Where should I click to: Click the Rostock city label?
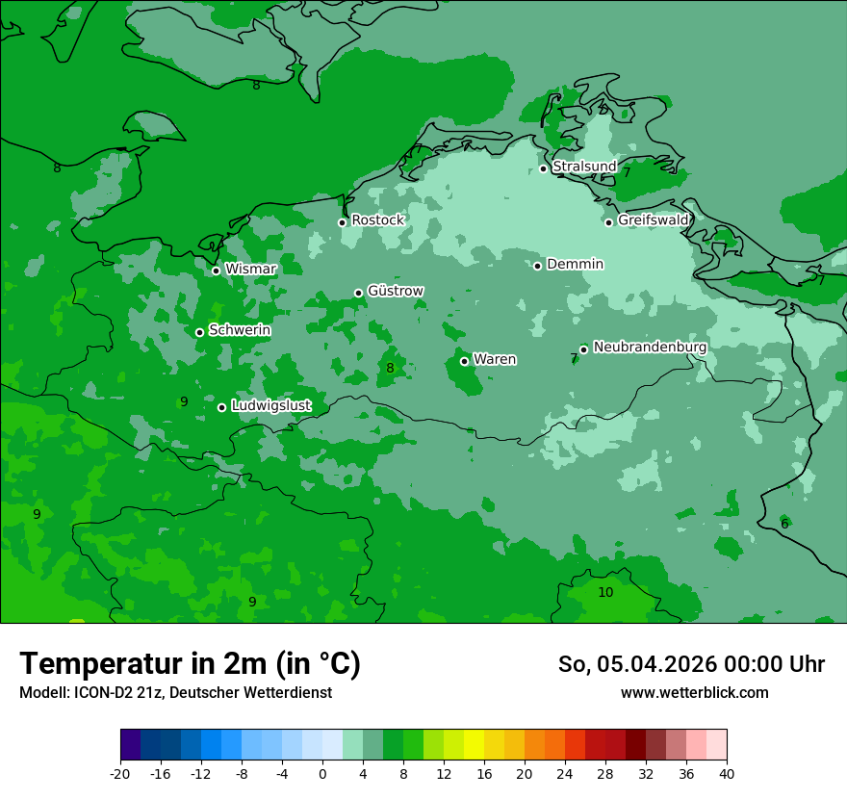point(377,220)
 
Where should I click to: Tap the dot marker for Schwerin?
point(199,332)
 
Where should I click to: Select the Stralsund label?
point(583,167)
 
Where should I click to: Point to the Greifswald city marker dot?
point(608,222)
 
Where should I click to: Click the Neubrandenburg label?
point(650,348)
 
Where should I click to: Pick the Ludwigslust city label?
point(270,406)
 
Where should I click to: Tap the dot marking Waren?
point(464,361)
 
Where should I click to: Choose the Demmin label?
point(575,265)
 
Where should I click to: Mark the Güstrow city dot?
point(358,293)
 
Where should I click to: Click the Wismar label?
point(250,270)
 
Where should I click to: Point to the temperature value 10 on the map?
point(605,592)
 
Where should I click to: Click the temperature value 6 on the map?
point(784,524)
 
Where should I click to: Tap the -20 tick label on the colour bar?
point(120,773)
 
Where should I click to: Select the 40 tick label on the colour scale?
point(726,773)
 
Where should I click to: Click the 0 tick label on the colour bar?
point(322,773)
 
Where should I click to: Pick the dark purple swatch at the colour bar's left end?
point(130,745)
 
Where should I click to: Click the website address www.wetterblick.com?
point(694,693)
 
